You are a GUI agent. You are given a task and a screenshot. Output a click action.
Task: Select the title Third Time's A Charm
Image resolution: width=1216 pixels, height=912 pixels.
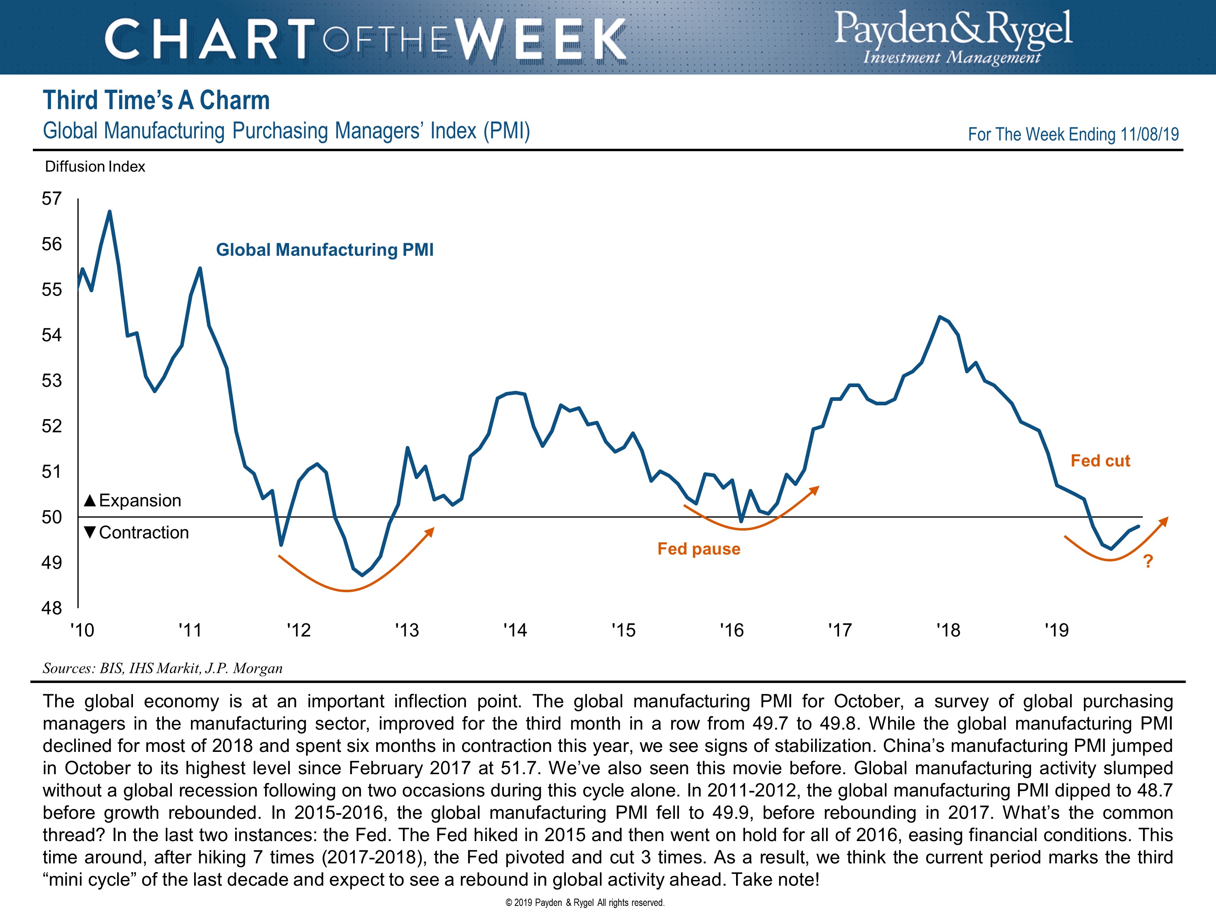click(x=156, y=101)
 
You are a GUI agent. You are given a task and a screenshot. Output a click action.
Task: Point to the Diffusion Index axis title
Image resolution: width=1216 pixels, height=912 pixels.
click(x=95, y=167)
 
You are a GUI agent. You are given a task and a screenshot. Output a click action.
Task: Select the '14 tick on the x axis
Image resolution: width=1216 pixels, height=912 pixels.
click(x=515, y=630)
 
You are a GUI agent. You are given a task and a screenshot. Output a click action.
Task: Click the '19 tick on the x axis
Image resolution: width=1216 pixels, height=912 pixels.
click(x=1057, y=630)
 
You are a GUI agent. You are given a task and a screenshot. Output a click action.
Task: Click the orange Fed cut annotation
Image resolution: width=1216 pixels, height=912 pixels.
click(x=1100, y=461)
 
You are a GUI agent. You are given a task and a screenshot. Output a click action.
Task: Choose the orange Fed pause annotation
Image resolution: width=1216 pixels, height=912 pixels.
click(x=699, y=549)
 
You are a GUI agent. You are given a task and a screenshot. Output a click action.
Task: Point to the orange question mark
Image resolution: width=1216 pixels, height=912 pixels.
click(x=1148, y=561)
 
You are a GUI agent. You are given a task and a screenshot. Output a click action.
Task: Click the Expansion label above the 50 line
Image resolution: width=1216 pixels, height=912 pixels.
click(x=133, y=500)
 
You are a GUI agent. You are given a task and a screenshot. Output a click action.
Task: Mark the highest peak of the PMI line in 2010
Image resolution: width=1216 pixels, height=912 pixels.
click(x=109, y=211)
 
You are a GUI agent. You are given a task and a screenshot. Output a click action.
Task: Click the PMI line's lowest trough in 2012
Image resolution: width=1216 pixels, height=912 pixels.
click(x=362, y=575)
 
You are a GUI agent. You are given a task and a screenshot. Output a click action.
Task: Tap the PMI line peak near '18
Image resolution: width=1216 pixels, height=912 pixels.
click(x=940, y=317)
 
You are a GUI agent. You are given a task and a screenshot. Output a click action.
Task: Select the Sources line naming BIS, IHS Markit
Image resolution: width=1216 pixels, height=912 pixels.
click(x=163, y=668)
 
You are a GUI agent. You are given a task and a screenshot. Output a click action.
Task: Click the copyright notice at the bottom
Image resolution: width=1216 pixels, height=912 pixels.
click(x=585, y=903)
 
